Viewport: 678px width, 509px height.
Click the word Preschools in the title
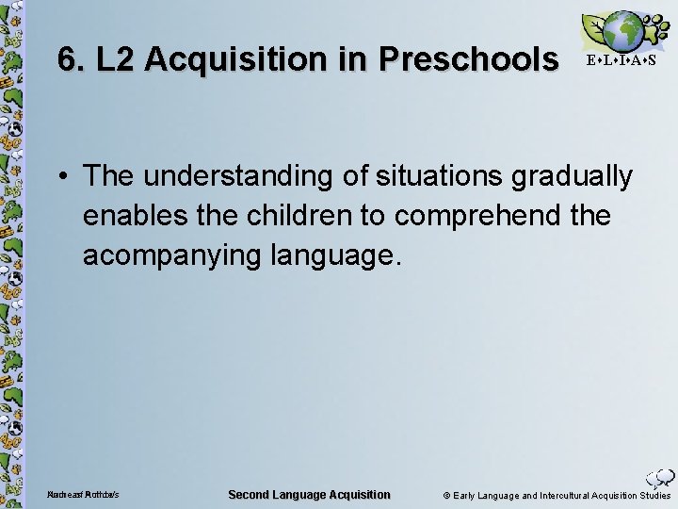coord(468,58)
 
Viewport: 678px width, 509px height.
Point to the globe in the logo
coord(623,30)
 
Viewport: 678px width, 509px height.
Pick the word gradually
coord(578,175)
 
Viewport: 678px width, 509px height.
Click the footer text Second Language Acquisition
coord(310,495)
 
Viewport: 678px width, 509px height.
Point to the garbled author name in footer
coord(84,496)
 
